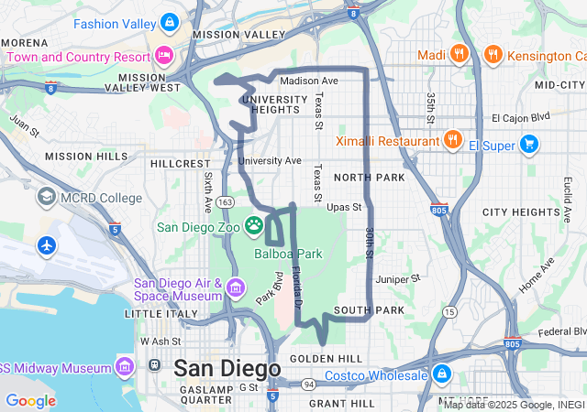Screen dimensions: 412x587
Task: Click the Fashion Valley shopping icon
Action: coord(168,22)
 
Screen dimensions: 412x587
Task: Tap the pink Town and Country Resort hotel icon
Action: coord(164,56)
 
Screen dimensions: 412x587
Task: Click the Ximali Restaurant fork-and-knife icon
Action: coord(451,141)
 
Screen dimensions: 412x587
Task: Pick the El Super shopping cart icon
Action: coord(528,144)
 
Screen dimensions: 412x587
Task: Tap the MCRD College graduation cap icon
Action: coord(46,197)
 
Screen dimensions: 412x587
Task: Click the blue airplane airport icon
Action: coord(46,245)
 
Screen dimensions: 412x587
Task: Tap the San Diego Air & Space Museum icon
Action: coord(236,288)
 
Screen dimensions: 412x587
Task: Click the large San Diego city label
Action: coord(227,368)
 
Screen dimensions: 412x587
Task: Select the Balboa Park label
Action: coord(288,254)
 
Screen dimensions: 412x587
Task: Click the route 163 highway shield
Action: coord(227,201)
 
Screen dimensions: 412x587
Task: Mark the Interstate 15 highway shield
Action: coord(449,312)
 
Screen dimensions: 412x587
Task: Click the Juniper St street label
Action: coord(397,278)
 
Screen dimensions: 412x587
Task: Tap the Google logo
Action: coord(30,401)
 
